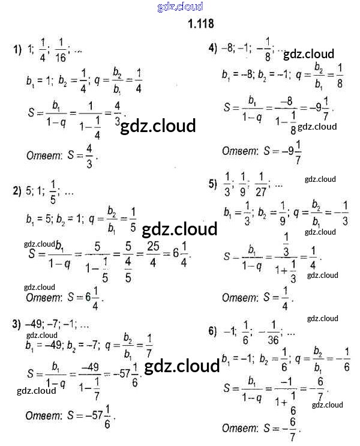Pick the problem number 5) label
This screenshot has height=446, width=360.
(x=212, y=184)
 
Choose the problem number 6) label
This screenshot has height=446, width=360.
(x=212, y=331)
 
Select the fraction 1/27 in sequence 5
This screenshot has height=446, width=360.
(x=261, y=183)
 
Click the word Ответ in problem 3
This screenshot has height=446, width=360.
(x=42, y=415)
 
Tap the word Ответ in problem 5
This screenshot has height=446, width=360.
(x=240, y=298)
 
